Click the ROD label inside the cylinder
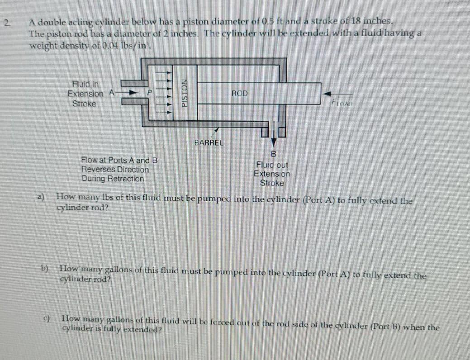click(x=239, y=93)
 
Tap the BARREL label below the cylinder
click(x=209, y=142)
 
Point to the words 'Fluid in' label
click(x=85, y=84)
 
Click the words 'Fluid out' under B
click(x=272, y=165)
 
